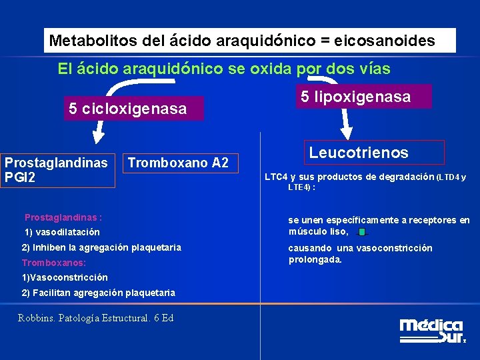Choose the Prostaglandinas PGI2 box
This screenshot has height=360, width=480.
click(x=57, y=170)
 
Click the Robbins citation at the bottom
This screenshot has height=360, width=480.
click(x=96, y=318)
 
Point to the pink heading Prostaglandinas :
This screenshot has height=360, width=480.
click(x=63, y=217)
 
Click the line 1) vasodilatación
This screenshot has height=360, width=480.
click(x=62, y=232)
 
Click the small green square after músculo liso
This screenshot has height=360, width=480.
click(x=361, y=233)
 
